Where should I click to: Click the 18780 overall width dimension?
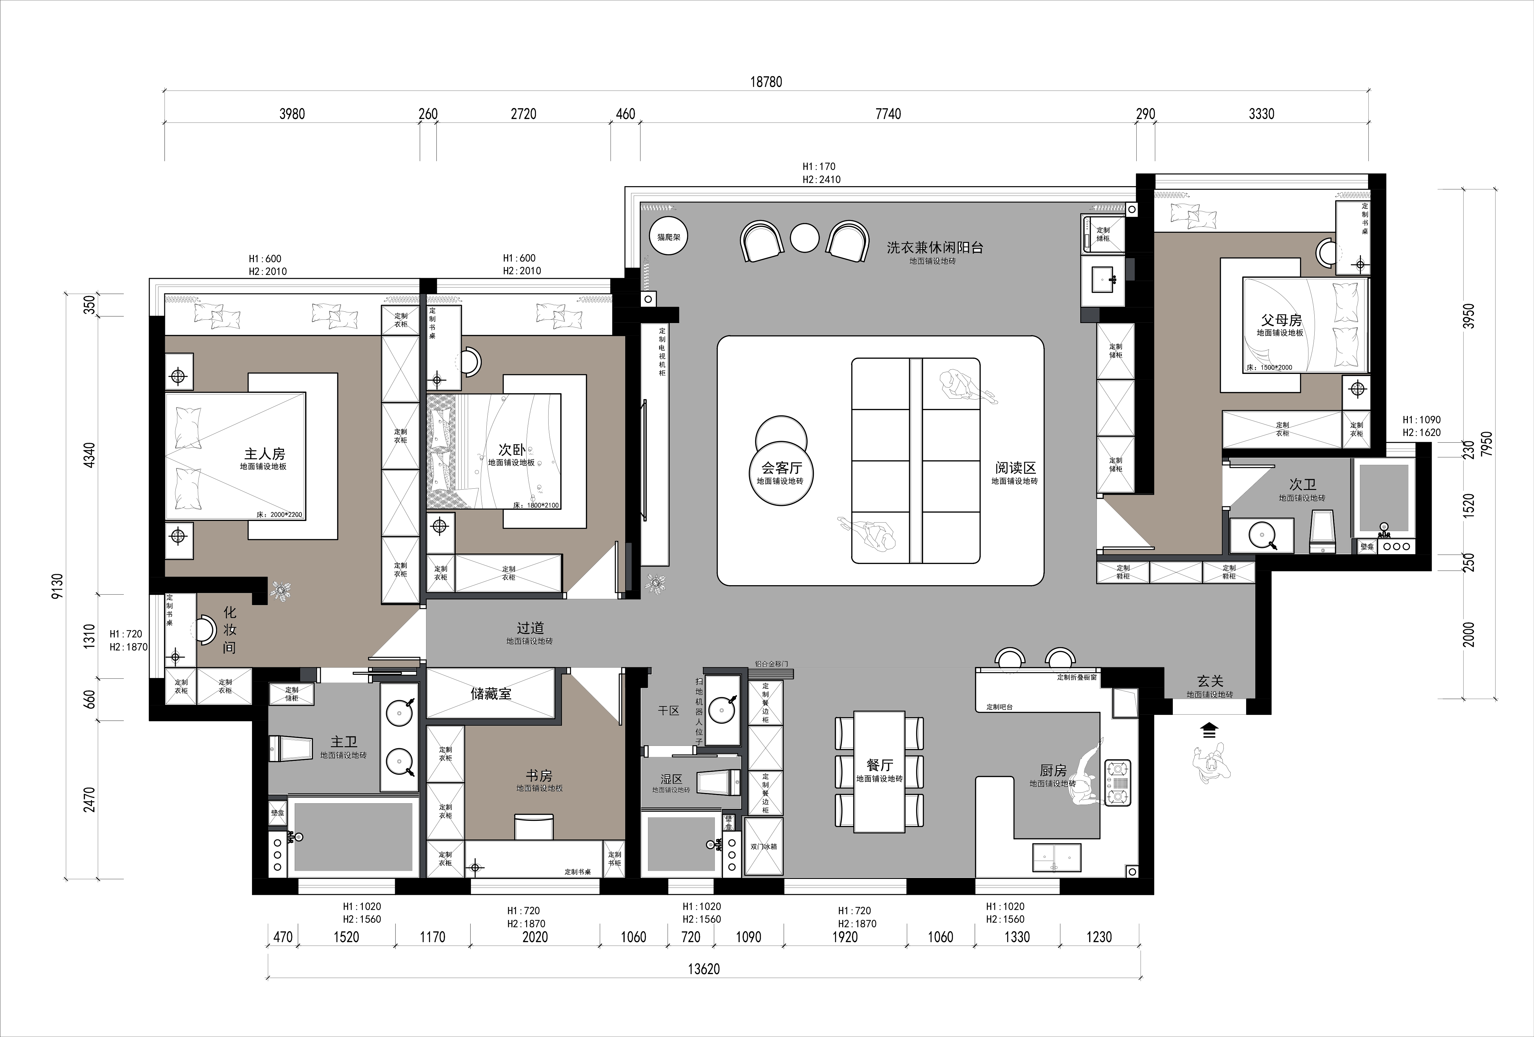(766, 82)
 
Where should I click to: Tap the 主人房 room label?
(265, 454)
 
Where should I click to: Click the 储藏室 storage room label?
(491, 694)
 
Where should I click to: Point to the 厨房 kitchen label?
(1054, 770)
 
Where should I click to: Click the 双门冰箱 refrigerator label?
(764, 846)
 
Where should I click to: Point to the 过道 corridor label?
(531, 628)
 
